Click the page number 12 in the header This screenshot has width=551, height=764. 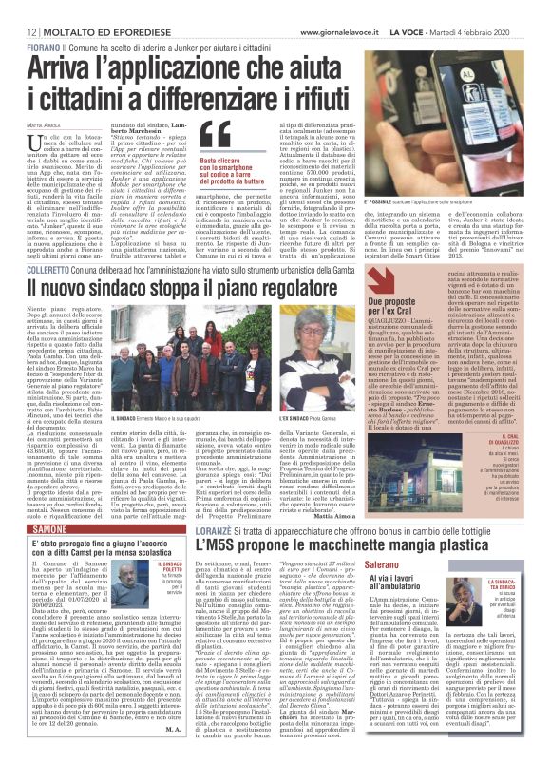19,10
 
